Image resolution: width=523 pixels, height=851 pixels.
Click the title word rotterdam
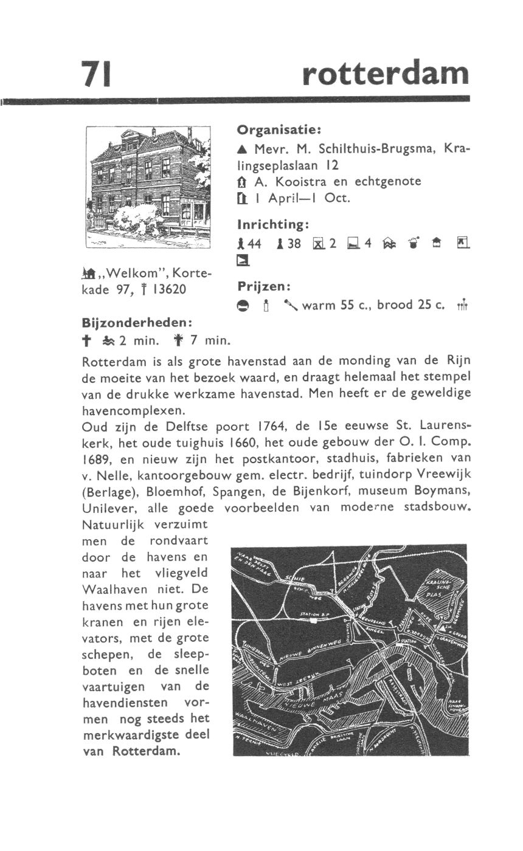pos(386,74)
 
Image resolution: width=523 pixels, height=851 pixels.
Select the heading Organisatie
pos(279,129)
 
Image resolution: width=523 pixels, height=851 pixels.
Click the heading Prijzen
pos(264,285)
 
